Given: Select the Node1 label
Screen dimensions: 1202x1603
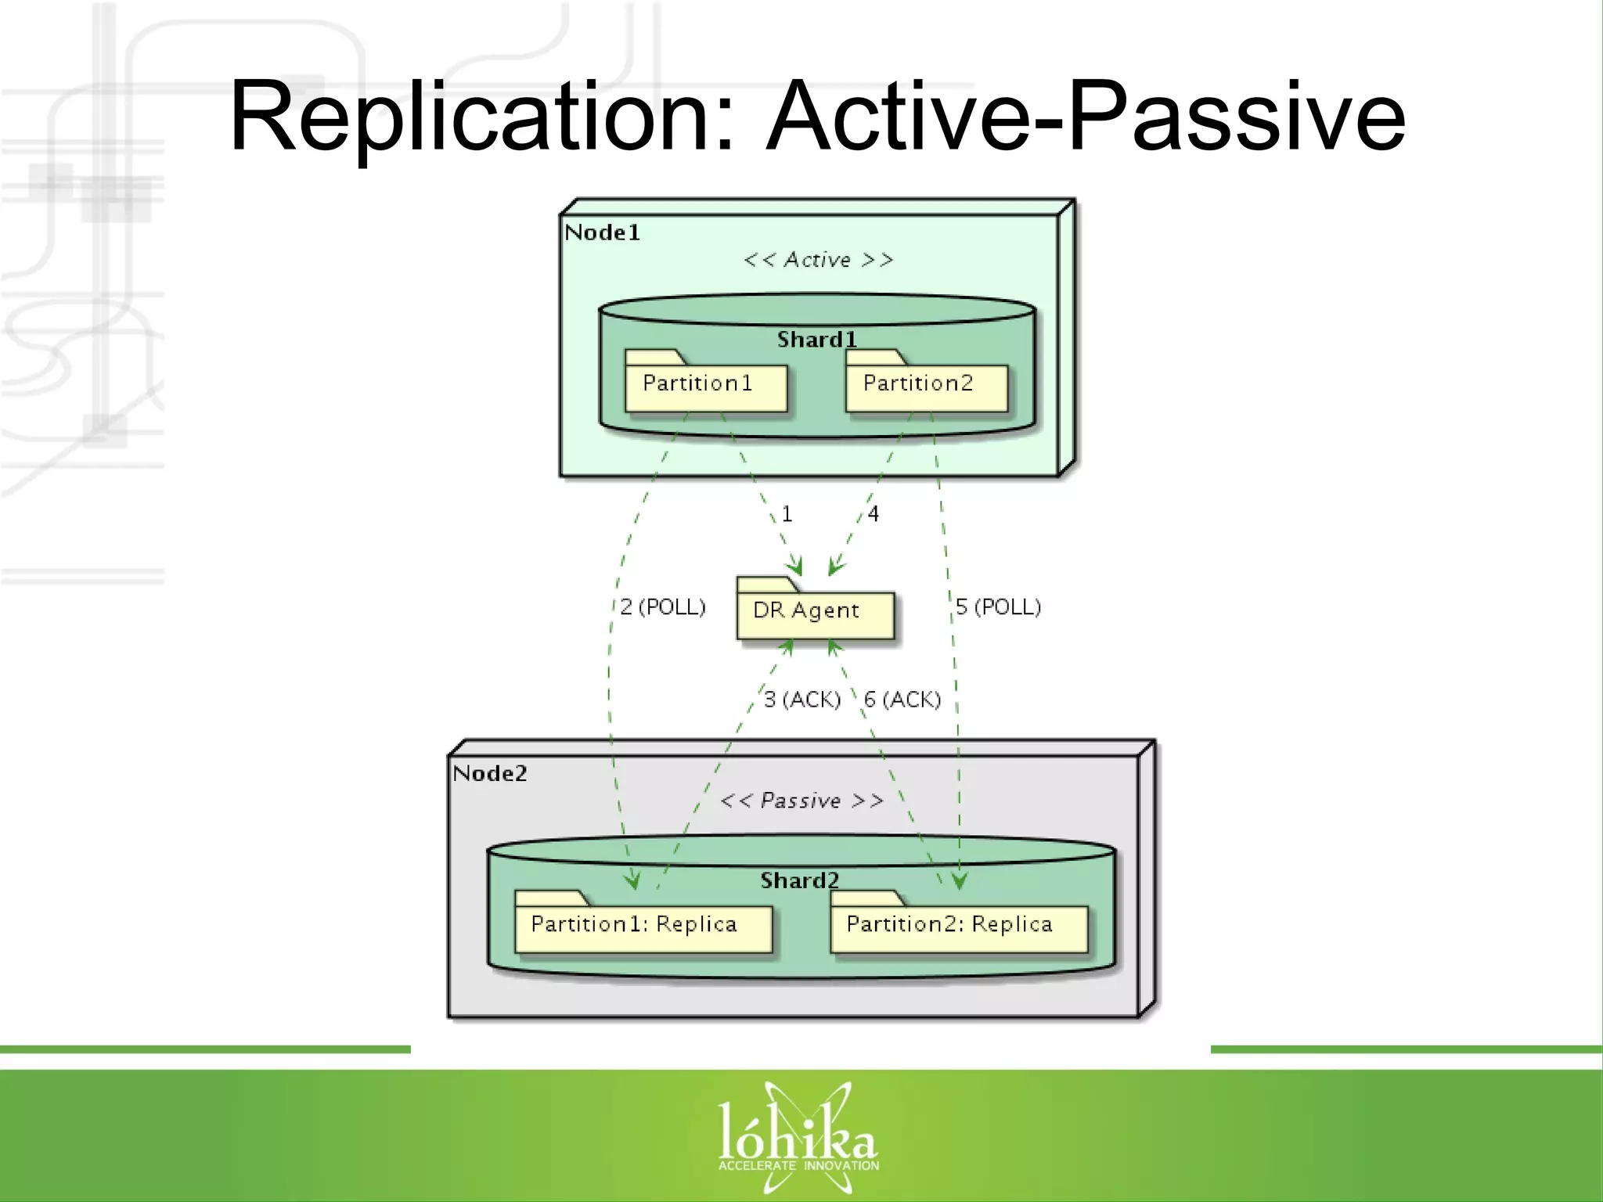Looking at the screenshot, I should click(x=602, y=232).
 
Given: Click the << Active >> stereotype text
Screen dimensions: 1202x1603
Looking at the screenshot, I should click(x=818, y=260).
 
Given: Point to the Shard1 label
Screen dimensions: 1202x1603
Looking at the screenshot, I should click(x=816, y=340).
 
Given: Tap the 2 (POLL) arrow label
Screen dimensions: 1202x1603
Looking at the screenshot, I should click(x=663, y=607).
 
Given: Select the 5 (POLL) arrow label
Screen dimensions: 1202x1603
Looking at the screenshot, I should click(x=998, y=607).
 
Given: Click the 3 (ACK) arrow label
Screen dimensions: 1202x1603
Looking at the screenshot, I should click(x=801, y=700).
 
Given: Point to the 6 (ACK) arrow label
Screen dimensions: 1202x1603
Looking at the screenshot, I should click(x=902, y=700).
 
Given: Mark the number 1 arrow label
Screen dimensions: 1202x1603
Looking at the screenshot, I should click(x=787, y=514).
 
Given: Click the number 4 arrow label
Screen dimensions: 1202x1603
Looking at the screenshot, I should click(x=874, y=514).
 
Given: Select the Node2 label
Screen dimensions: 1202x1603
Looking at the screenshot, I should click(x=490, y=774).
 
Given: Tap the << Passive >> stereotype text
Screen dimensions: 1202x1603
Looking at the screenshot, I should click(x=801, y=801).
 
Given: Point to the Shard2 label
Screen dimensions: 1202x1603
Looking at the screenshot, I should click(x=799, y=881).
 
